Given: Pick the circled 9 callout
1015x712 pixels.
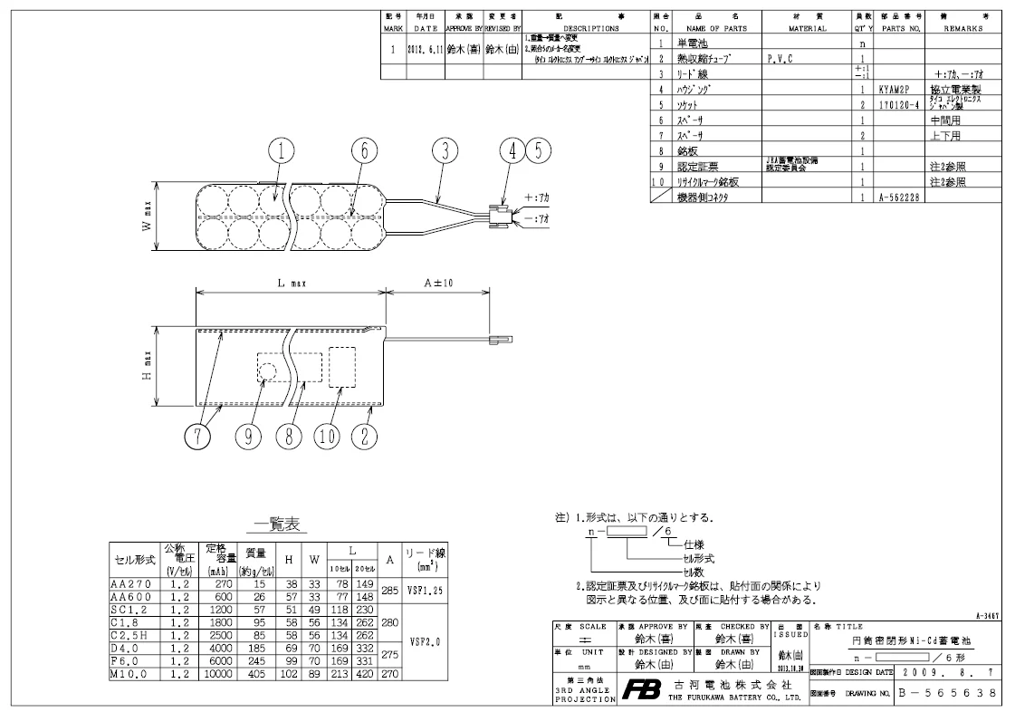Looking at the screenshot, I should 249,436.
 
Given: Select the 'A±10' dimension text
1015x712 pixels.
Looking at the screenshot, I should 439,284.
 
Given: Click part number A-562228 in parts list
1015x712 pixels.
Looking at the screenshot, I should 897,197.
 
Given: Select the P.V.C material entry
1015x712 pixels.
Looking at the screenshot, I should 781,58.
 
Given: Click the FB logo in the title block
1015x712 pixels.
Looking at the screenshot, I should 639,691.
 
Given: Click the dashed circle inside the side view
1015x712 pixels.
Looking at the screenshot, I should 267,370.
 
